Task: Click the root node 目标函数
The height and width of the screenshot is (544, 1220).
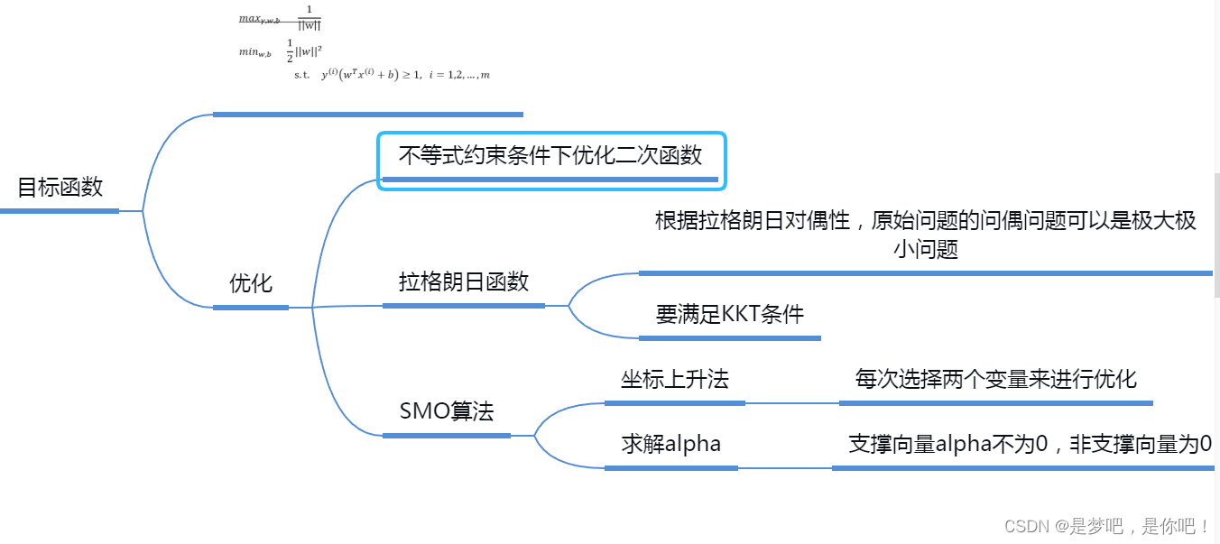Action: click(x=60, y=188)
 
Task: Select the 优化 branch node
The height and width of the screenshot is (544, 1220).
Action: click(x=251, y=283)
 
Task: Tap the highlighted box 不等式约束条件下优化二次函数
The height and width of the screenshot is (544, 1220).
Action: click(x=550, y=156)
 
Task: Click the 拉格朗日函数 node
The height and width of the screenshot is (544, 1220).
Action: click(x=464, y=281)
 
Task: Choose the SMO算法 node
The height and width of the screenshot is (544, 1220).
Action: click(x=447, y=412)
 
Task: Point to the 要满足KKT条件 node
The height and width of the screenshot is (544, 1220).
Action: click(x=729, y=314)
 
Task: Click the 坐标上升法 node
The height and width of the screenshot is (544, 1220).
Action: click(x=674, y=380)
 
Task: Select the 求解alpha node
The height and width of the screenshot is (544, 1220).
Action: click(x=670, y=444)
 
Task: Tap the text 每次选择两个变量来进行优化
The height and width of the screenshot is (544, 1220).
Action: click(x=995, y=379)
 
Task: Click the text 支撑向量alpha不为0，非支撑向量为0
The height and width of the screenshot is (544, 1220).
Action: click(x=1030, y=444)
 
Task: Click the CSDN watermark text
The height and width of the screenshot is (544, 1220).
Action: click(x=1107, y=526)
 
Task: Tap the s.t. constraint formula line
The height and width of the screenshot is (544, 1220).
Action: click(x=392, y=75)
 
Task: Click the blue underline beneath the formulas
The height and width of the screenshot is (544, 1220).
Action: click(x=368, y=115)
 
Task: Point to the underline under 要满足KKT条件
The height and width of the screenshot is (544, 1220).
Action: click(x=729, y=338)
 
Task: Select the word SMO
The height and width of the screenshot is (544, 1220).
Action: click(x=423, y=412)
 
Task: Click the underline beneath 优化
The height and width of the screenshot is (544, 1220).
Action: click(x=251, y=308)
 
